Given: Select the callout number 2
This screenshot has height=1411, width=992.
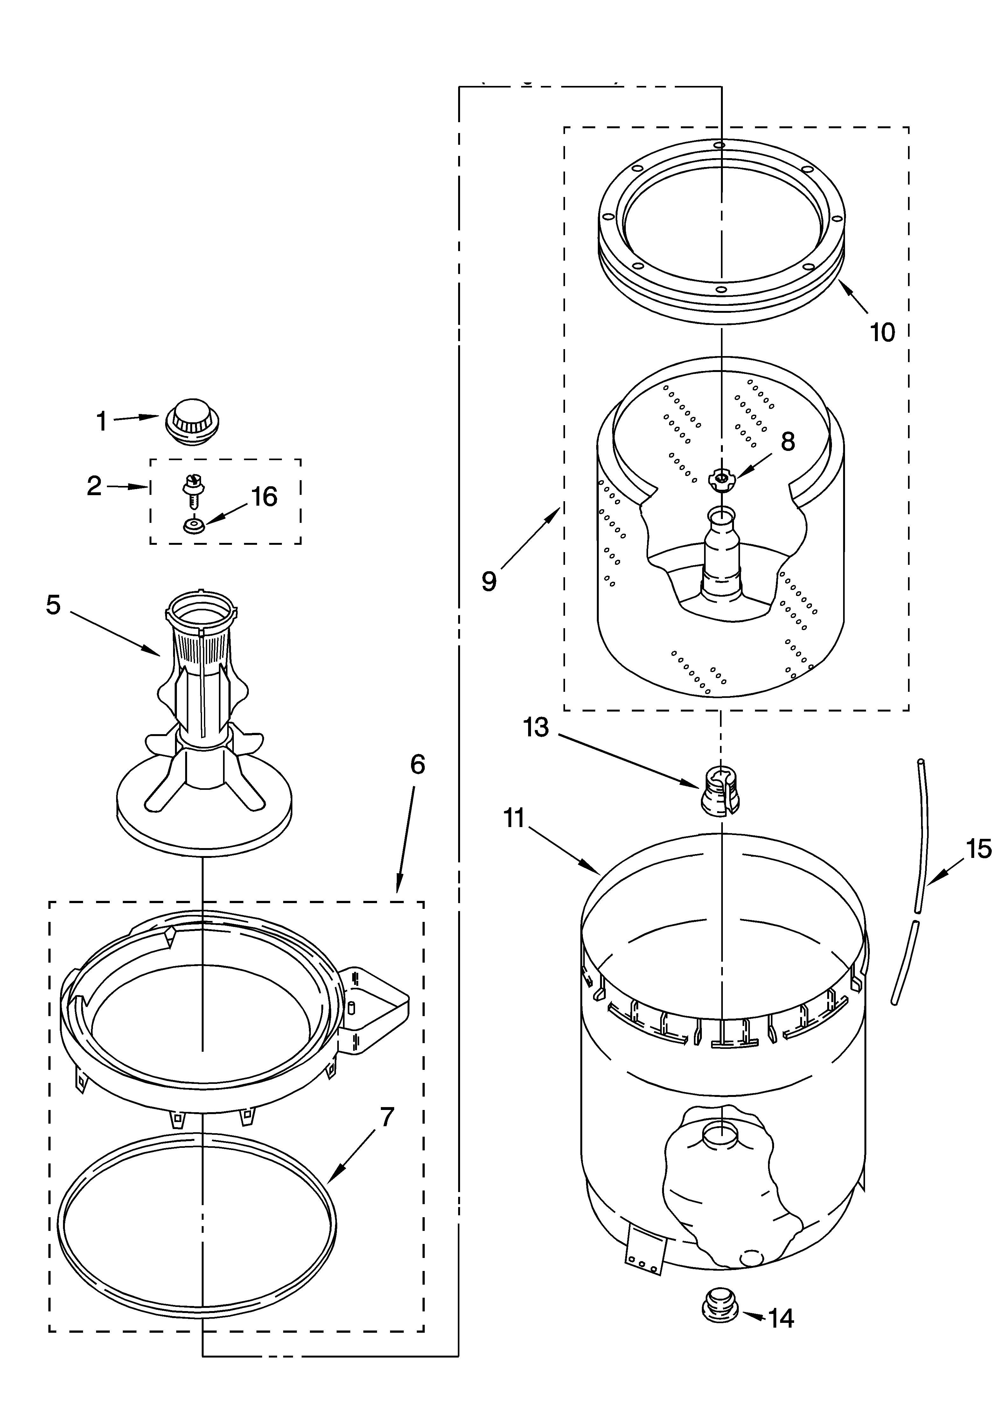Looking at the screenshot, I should (94, 486).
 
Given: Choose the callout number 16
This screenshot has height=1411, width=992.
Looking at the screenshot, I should (264, 496).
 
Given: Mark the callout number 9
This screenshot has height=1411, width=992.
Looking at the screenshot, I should (489, 581).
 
